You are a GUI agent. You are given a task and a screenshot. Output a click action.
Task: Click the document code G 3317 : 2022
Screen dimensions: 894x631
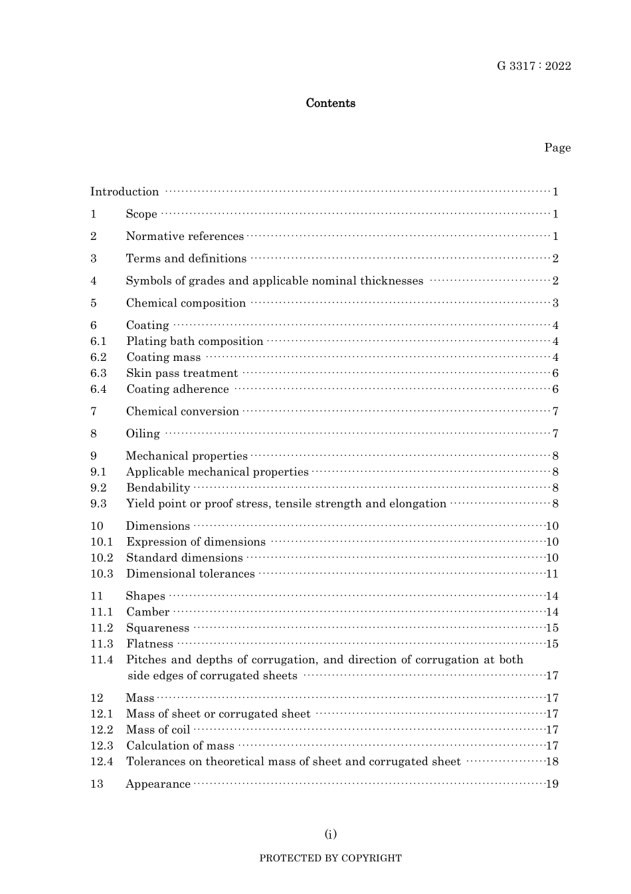(533, 66)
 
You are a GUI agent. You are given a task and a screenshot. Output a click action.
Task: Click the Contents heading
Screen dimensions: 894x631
(330, 103)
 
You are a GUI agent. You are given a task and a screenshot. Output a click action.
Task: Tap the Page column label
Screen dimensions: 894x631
(557, 148)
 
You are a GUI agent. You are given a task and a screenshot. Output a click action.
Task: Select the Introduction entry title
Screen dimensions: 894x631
(124, 192)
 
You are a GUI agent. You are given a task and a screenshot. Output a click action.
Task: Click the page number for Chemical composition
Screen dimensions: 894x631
(555, 303)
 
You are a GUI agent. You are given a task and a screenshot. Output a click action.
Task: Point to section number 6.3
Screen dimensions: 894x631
(98, 374)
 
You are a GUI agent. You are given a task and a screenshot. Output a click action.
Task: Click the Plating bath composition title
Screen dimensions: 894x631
(195, 342)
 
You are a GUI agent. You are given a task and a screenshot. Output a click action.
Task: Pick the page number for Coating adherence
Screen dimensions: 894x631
(555, 390)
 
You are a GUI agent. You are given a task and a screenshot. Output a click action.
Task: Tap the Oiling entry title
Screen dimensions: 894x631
(143, 434)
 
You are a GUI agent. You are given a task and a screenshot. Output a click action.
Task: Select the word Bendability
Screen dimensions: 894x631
(158, 488)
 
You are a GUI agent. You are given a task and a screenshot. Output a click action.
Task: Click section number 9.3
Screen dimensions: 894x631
(98, 504)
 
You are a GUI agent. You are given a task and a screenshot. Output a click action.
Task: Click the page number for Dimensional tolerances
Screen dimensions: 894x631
(552, 574)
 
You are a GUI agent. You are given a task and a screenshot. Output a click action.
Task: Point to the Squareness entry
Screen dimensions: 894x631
(157, 628)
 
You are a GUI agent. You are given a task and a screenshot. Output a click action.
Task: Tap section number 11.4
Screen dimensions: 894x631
(102, 660)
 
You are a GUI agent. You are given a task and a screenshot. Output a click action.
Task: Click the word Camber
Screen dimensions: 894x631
(147, 612)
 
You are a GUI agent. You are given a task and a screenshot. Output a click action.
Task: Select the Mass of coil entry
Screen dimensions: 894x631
(158, 730)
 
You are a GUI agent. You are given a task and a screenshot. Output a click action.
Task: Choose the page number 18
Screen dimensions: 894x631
(552, 762)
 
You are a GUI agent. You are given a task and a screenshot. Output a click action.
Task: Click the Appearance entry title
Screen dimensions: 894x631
(158, 784)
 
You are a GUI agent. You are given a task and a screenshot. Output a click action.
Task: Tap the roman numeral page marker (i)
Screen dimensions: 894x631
(330, 834)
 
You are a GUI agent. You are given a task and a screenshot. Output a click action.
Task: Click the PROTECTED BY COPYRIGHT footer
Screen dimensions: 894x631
(330, 858)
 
